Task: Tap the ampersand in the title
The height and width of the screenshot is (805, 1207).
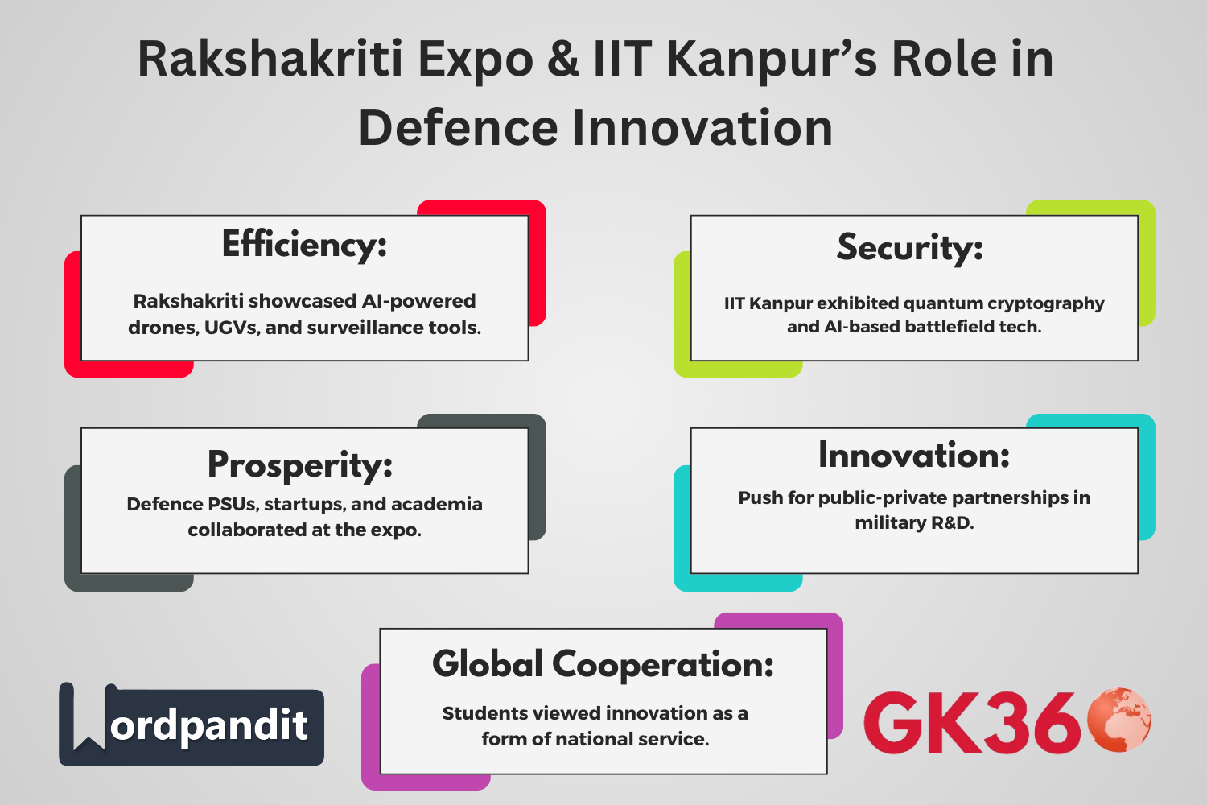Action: click(563, 60)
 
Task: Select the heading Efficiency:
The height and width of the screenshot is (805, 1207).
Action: click(304, 244)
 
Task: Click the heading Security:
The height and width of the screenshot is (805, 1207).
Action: click(910, 246)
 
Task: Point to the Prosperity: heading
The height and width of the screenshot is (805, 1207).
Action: click(300, 464)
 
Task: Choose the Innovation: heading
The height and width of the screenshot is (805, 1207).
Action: click(914, 456)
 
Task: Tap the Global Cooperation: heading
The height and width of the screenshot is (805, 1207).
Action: click(603, 664)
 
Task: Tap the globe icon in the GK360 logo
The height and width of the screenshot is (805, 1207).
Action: click(1119, 720)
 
